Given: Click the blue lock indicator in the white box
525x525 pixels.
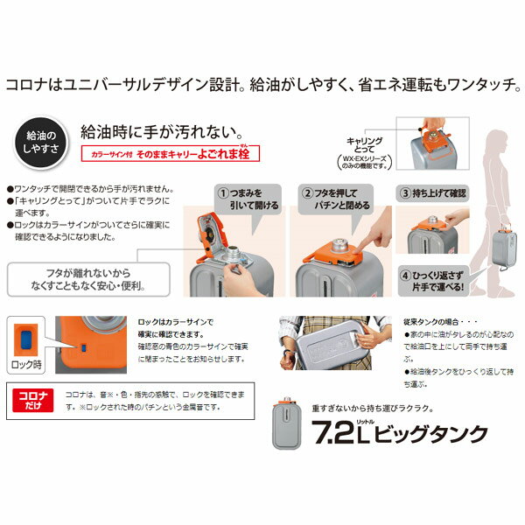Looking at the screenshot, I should [x=27, y=339].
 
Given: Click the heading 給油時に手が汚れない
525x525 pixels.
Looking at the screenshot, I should [x=160, y=131].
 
